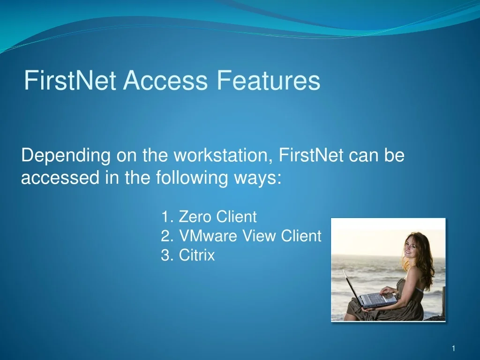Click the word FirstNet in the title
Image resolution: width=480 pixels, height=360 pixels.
[70, 80]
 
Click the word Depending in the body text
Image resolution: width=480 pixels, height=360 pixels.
[65, 156]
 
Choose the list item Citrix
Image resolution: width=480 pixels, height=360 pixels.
[196, 255]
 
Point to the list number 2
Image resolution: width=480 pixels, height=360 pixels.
[165, 236]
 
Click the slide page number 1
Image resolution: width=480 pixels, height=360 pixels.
[454, 348]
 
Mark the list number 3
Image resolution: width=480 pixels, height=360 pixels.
[165, 255]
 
